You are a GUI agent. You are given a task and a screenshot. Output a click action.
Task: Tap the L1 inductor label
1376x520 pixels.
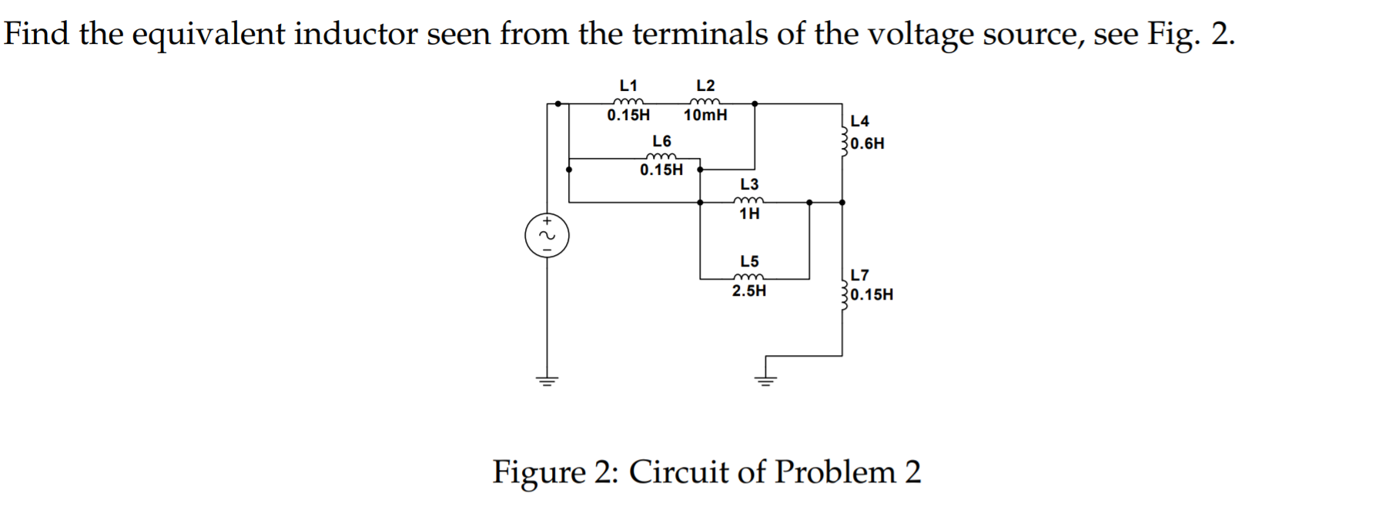coord(628,85)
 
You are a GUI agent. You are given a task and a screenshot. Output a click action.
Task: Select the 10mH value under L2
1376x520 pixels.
coord(705,116)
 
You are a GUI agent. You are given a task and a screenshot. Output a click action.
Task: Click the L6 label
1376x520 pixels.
coord(661,141)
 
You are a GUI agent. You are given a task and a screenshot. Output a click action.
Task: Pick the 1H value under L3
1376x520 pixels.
coord(749,214)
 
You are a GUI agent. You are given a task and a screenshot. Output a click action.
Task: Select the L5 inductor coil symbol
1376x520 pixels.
coord(748,278)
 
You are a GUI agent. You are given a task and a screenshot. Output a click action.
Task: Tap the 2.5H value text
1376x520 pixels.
coord(748,291)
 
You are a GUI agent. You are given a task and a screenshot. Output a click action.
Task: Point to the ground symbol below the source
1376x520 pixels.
coord(547,381)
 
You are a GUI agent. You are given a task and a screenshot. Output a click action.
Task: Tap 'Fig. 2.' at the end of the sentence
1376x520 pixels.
coord(1190,35)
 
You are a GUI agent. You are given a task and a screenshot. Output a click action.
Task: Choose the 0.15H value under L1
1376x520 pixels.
coord(628,116)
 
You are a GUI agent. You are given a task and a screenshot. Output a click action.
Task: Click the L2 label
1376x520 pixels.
coord(705,85)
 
